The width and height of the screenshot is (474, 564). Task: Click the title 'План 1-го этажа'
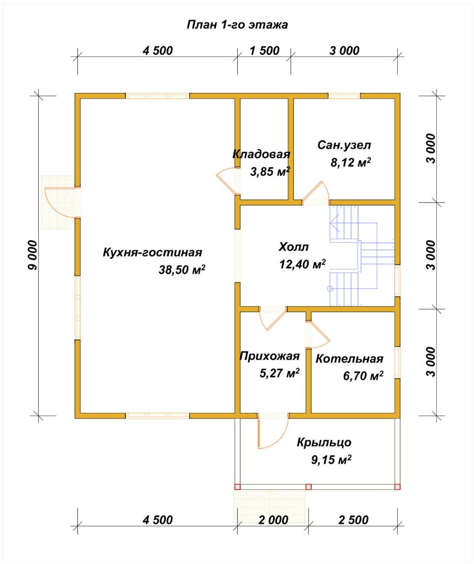pos(237,25)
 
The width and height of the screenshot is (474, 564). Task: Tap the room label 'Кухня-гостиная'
pos(152,252)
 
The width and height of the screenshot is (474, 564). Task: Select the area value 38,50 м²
pos(182,269)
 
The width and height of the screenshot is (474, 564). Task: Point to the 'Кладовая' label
pos(261,154)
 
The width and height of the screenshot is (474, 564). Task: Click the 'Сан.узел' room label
pos(344,145)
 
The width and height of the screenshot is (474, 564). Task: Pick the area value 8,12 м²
pos(351,162)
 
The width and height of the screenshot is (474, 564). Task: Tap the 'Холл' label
pos(294,247)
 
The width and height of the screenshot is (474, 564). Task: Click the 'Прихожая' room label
pos(270,356)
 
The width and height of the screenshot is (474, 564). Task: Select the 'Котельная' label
pos(349,359)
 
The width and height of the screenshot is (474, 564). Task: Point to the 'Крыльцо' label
pos(324,442)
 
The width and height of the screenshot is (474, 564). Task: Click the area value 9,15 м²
pos(331,460)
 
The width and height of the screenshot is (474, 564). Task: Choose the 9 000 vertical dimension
pos(32,255)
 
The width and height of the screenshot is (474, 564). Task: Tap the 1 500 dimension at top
pos(264,51)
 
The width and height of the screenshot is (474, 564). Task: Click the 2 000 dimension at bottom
pos(273,520)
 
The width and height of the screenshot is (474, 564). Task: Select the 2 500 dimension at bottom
pos(353,520)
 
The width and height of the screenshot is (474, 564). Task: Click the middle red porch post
pos(308,487)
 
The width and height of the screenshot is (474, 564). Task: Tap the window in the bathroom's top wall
pos(344,96)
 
